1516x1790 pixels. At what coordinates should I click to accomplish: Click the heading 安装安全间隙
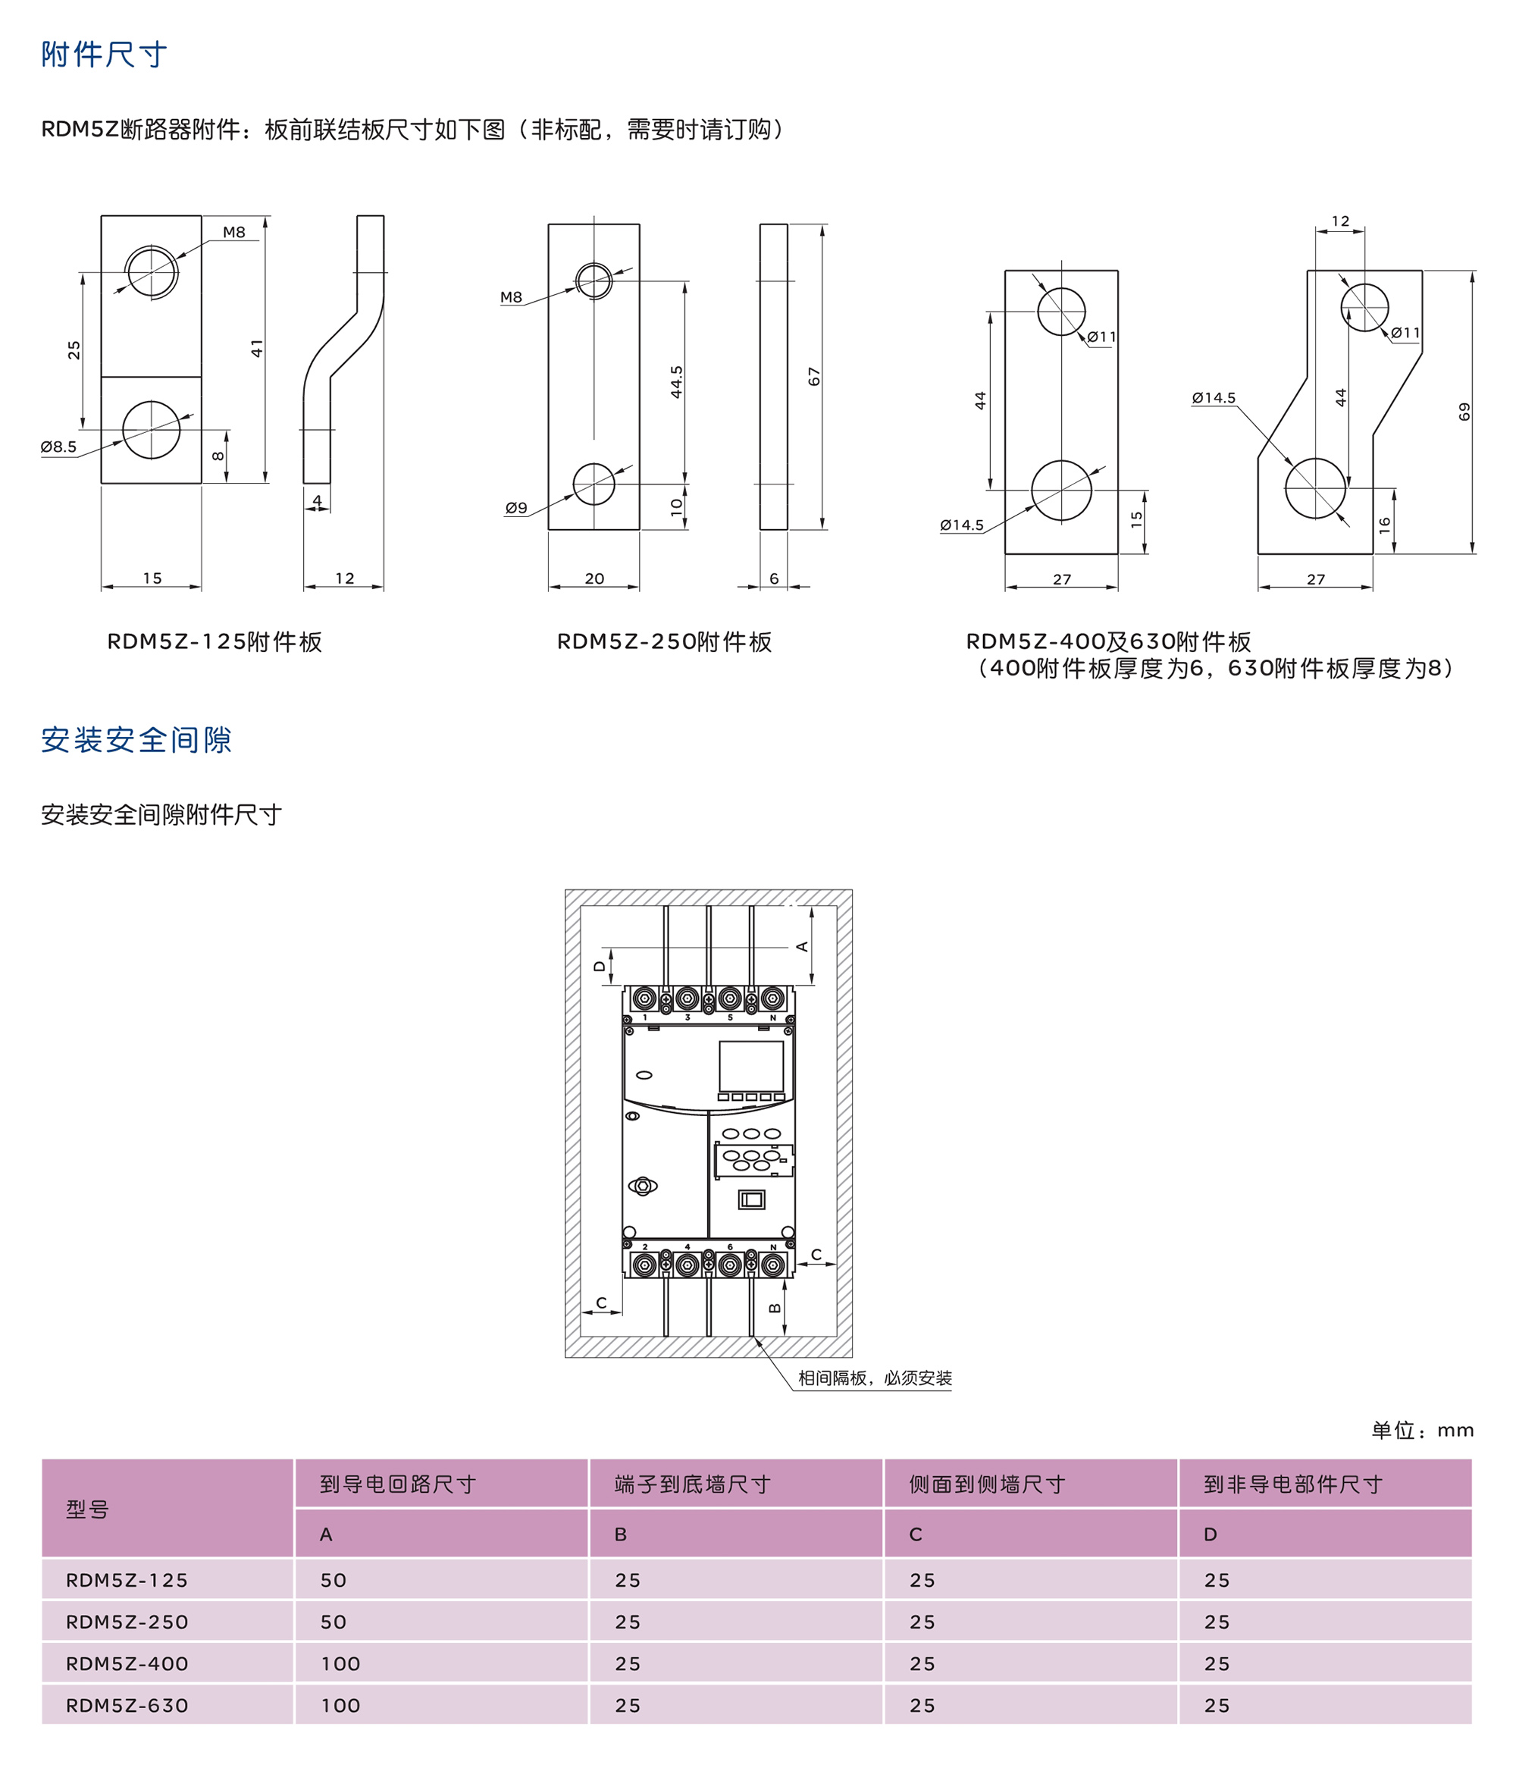pyautogui.click(x=136, y=740)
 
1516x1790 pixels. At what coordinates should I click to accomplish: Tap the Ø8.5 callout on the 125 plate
pyautogui.click(x=58, y=447)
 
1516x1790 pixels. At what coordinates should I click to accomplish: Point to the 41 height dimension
pyautogui.click(x=256, y=348)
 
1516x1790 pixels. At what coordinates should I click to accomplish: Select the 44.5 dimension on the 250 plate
pyautogui.click(x=676, y=381)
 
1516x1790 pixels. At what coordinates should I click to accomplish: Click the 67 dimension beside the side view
pyautogui.click(x=814, y=377)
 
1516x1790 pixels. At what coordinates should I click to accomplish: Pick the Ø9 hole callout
pyautogui.click(x=516, y=508)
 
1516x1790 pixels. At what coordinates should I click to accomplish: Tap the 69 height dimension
pyautogui.click(x=1464, y=412)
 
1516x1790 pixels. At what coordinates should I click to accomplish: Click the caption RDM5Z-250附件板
pyautogui.click(x=664, y=642)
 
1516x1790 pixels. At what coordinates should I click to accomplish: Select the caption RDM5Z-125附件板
pyautogui.click(x=214, y=642)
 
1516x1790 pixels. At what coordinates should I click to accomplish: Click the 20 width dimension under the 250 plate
pyautogui.click(x=594, y=578)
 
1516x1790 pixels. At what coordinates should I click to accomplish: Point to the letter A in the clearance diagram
pyautogui.click(x=802, y=947)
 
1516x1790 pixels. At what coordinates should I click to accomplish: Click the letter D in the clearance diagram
pyautogui.click(x=600, y=967)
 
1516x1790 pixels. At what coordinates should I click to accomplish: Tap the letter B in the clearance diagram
pyautogui.click(x=775, y=1308)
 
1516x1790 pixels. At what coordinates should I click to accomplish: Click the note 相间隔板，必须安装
pyautogui.click(x=875, y=1378)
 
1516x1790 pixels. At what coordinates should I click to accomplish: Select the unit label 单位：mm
pyautogui.click(x=1422, y=1431)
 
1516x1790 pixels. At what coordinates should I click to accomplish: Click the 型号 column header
pyautogui.click(x=88, y=1509)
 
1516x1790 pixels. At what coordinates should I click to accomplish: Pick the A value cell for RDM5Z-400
pyautogui.click(x=340, y=1664)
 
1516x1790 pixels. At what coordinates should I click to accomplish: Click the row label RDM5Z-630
pyautogui.click(x=127, y=1706)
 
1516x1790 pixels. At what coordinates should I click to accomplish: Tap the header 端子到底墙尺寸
pyautogui.click(x=693, y=1484)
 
